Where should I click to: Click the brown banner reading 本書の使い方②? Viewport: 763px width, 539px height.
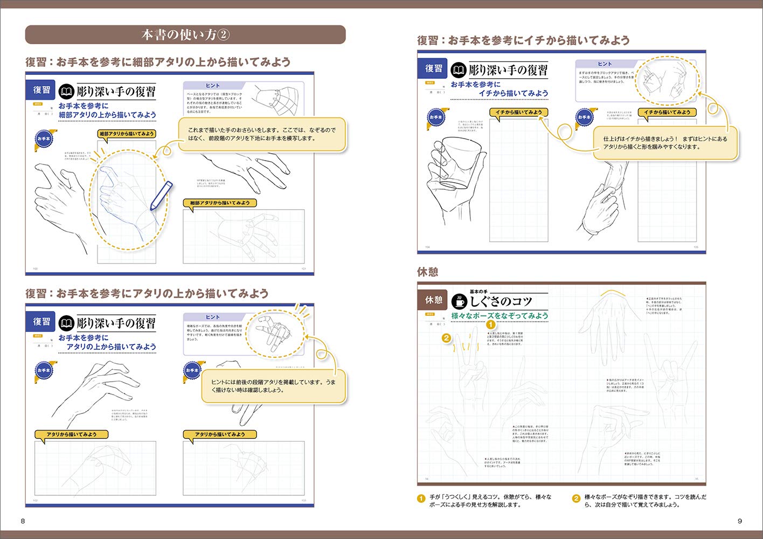185,35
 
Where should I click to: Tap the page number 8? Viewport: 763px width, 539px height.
23,521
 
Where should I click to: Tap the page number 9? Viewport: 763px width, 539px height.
740,521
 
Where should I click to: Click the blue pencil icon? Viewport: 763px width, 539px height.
161,196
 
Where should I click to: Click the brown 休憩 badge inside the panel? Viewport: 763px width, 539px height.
433,300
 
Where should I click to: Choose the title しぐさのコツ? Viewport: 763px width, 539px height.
501,301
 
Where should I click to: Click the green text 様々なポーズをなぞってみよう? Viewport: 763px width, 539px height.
500,316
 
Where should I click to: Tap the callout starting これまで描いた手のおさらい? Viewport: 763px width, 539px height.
262,134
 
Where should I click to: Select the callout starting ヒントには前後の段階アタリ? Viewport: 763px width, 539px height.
273,386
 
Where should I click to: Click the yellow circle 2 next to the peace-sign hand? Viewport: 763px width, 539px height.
446,338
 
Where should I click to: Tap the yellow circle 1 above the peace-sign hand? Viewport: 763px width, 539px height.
490,324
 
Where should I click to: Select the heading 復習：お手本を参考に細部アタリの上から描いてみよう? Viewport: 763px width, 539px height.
158,62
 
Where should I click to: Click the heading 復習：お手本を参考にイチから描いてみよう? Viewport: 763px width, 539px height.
523,40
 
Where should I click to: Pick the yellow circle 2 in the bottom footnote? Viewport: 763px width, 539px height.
575,499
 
